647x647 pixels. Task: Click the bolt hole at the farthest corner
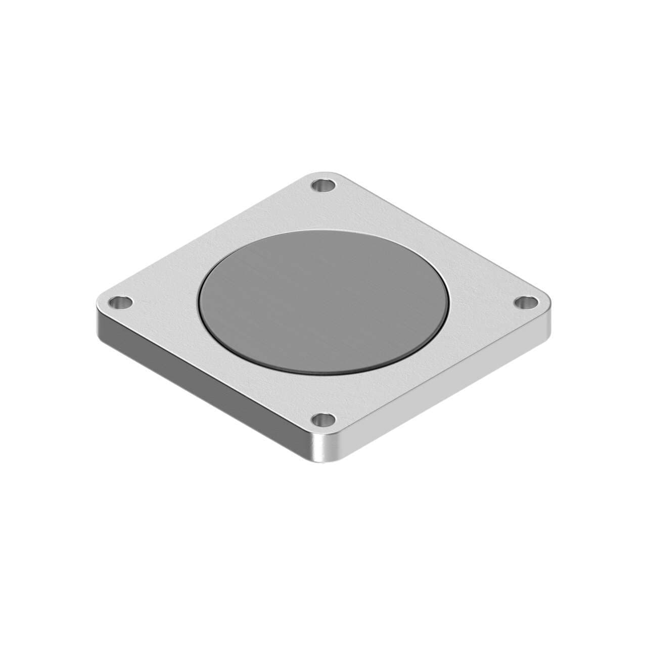323,186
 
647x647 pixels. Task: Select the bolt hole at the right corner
527,303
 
